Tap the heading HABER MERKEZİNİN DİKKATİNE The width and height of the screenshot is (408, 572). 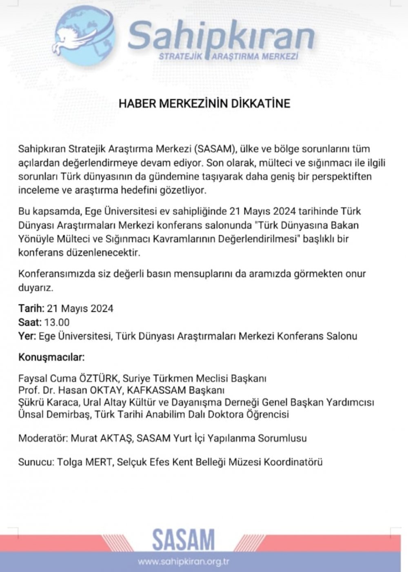[x=204, y=103]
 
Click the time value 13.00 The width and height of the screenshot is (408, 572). [x=57, y=322]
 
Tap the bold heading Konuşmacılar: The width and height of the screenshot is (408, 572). [x=51, y=358]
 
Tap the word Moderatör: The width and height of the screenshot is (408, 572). [x=43, y=438]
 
